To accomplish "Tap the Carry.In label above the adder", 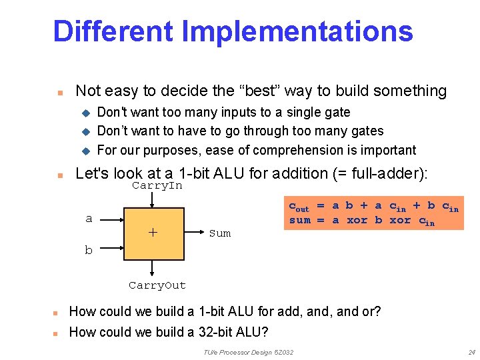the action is (x=157, y=185).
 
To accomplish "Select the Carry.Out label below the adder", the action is (x=157, y=285).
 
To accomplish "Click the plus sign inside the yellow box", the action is (x=153, y=232).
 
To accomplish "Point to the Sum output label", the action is (x=219, y=233).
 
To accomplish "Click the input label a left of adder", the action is (x=89, y=218).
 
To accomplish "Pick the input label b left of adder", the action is (x=89, y=250).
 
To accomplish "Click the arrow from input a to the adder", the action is (x=111, y=218).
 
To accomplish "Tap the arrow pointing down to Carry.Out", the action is (x=153, y=268).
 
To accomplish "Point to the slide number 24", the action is (x=471, y=352).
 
